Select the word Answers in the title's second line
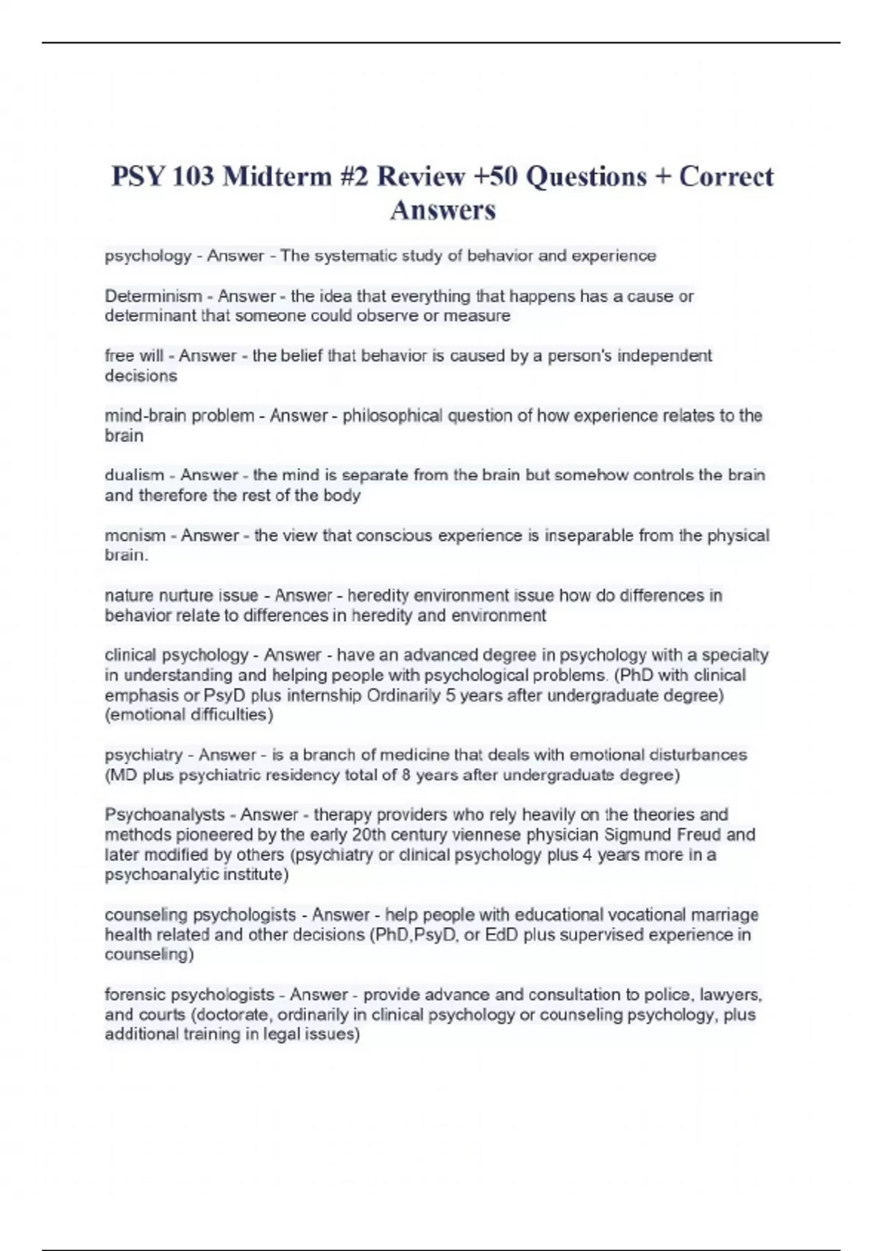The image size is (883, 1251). pyautogui.click(x=443, y=210)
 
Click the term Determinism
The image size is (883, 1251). pyautogui.click(x=153, y=296)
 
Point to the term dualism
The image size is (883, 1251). pyautogui.click(x=134, y=475)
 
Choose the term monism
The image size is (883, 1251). pyautogui.click(x=135, y=536)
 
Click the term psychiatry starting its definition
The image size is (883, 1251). pyautogui.click(x=143, y=755)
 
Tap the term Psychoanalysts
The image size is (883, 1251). pyautogui.click(x=165, y=815)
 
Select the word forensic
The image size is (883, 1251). pyautogui.click(x=135, y=995)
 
